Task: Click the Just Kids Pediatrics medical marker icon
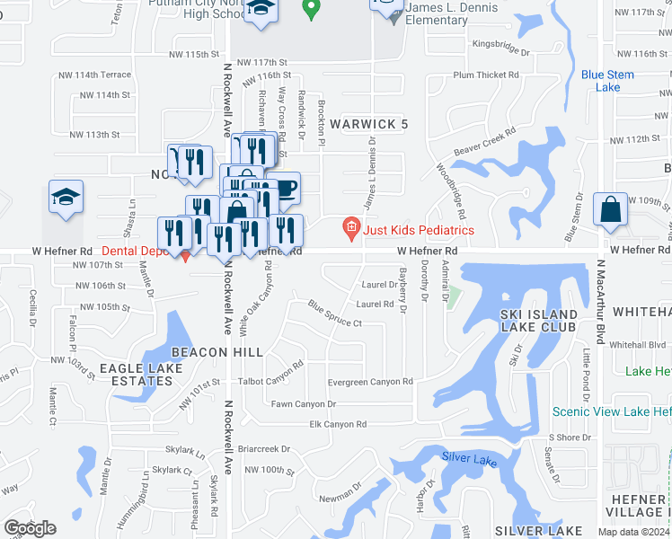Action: (x=351, y=229)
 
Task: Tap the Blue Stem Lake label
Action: (x=601, y=81)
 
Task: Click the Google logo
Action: (x=30, y=528)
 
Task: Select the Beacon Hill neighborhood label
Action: (x=204, y=351)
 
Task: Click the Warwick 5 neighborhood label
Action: (x=368, y=124)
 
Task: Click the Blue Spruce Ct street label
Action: (x=334, y=316)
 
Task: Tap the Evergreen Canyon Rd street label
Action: (x=369, y=382)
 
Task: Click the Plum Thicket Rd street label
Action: (x=487, y=75)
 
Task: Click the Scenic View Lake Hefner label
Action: (x=611, y=411)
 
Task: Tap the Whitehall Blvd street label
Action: (x=638, y=344)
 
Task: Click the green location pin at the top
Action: (x=311, y=10)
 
